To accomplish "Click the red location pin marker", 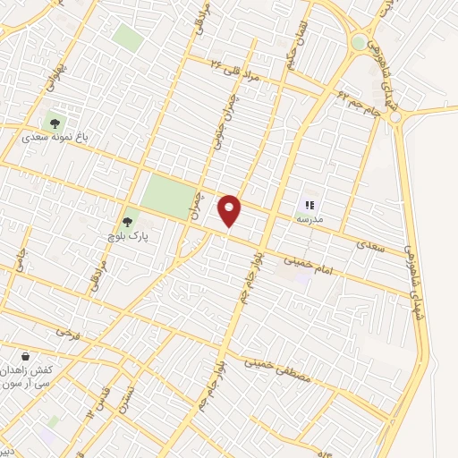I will [230, 209].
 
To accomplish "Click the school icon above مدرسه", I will [310, 205].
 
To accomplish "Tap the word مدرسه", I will [310, 219].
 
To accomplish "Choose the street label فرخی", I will [68, 334].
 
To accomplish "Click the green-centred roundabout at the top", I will [359, 42].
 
